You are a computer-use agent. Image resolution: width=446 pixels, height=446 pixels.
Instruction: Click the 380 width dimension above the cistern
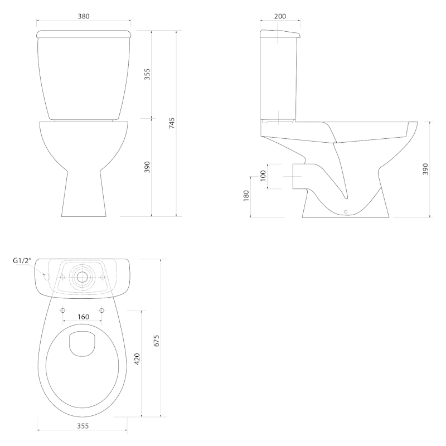(x=83, y=16)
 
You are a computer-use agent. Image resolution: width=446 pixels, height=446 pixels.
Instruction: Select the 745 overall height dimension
(x=172, y=123)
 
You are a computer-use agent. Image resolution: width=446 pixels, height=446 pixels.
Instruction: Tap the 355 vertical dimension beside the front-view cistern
(x=147, y=74)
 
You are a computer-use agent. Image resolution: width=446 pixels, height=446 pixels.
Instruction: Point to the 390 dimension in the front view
(x=147, y=167)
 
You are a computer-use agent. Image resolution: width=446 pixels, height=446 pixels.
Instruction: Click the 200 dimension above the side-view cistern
(x=280, y=16)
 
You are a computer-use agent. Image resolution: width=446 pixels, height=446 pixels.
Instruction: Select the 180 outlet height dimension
(x=246, y=196)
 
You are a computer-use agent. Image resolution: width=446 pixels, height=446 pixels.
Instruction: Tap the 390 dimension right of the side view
(x=425, y=168)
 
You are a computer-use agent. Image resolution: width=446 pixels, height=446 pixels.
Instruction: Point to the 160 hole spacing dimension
(x=83, y=317)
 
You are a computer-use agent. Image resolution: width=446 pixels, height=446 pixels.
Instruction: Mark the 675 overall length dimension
(x=157, y=340)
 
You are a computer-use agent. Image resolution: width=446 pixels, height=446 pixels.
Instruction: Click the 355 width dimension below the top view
(x=82, y=426)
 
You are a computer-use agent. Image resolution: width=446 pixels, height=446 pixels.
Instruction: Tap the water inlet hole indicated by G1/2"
(x=47, y=277)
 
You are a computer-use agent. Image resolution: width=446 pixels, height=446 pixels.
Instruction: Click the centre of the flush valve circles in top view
(x=83, y=277)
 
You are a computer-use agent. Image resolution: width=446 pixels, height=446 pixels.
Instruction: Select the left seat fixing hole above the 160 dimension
(x=62, y=309)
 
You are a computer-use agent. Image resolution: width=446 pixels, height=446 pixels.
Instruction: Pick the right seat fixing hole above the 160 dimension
(x=102, y=309)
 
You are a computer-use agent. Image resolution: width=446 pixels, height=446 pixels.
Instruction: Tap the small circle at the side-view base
(x=346, y=212)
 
